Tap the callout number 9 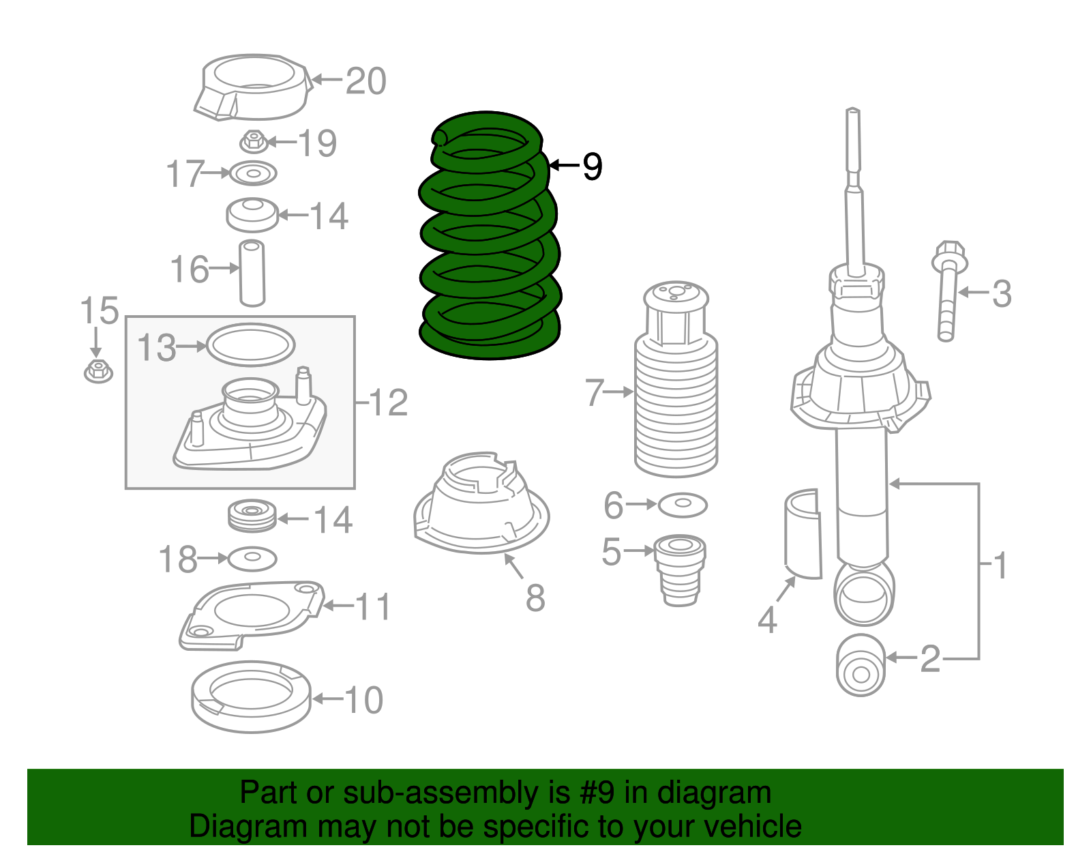tap(592, 166)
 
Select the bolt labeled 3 tap(948, 292)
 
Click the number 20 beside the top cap tap(366, 81)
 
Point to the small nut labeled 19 tap(253, 141)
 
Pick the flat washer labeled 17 tap(253, 173)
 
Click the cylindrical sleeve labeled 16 tap(252, 273)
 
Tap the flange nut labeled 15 tap(98, 370)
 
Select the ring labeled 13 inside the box tap(250, 345)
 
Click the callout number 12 tap(389, 403)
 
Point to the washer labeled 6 tap(683, 505)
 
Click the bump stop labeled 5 tap(680, 568)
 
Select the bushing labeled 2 tap(861, 665)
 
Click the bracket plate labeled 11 tap(249, 615)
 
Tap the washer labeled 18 tap(252, 559)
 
